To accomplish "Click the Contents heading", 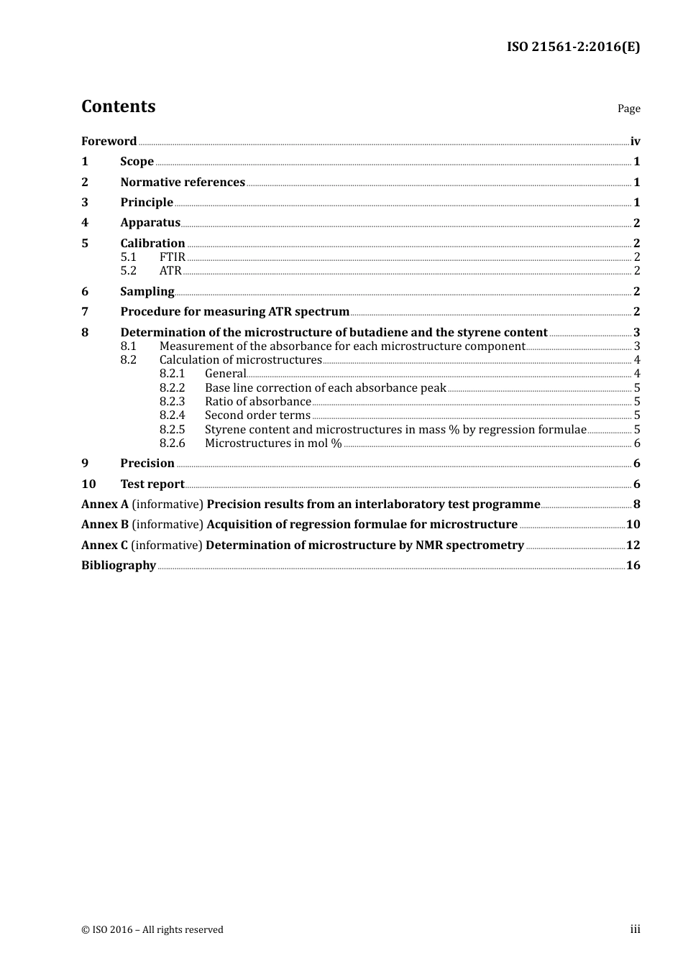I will pyautogui.click(x=119, y=106).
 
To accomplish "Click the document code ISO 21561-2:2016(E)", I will pyautogui.click(x=573, y=47).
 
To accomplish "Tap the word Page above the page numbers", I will pyautogui.click(x=628, y=109).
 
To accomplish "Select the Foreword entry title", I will pyautogui.click(x=109, y=142).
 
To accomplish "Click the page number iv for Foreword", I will pyautogui.click(x=635, y=142).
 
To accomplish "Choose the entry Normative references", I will pyautogui.click(x=183, y=183).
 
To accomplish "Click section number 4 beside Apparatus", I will pyautogui.click(x=85, y=223).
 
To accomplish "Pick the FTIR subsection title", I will pyautogui.click(x=173, y=257).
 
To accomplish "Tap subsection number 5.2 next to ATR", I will pyautogui.click(x=128, y=271).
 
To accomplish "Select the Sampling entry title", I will pyautogui.click(x=147, y=292).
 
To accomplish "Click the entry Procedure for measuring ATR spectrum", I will pyautogui.click(x=234, y=312).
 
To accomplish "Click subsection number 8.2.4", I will pyautogui.click(x=172, y=415).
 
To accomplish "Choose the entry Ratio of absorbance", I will pyautogui.click(x=257, y=402).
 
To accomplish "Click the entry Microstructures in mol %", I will pyautogui.click(x=273, y=443).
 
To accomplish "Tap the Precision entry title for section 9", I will pyautogui.click(x=147, y=464).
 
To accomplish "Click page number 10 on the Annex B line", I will pyautogui.click(x=633, y=525).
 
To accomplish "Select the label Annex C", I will pyautogui.click(x=99, y=546).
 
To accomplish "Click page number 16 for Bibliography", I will pyautogui.click(x=633, y=566).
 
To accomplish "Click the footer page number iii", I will pyautogui.click(x=635, y=929).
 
